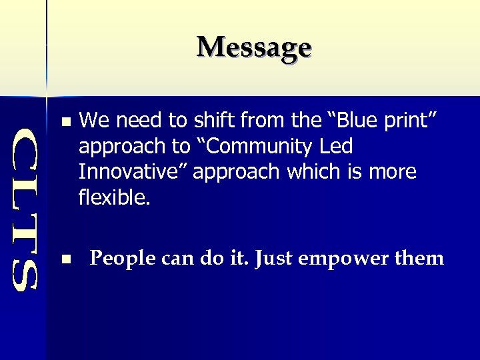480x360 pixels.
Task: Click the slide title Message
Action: [254, 47]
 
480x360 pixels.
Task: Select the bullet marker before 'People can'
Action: [64, 259]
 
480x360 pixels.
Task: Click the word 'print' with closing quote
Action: [413, 121]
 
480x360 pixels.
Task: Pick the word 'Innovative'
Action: [133, 171]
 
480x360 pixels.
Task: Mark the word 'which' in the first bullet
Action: [313, 171]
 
